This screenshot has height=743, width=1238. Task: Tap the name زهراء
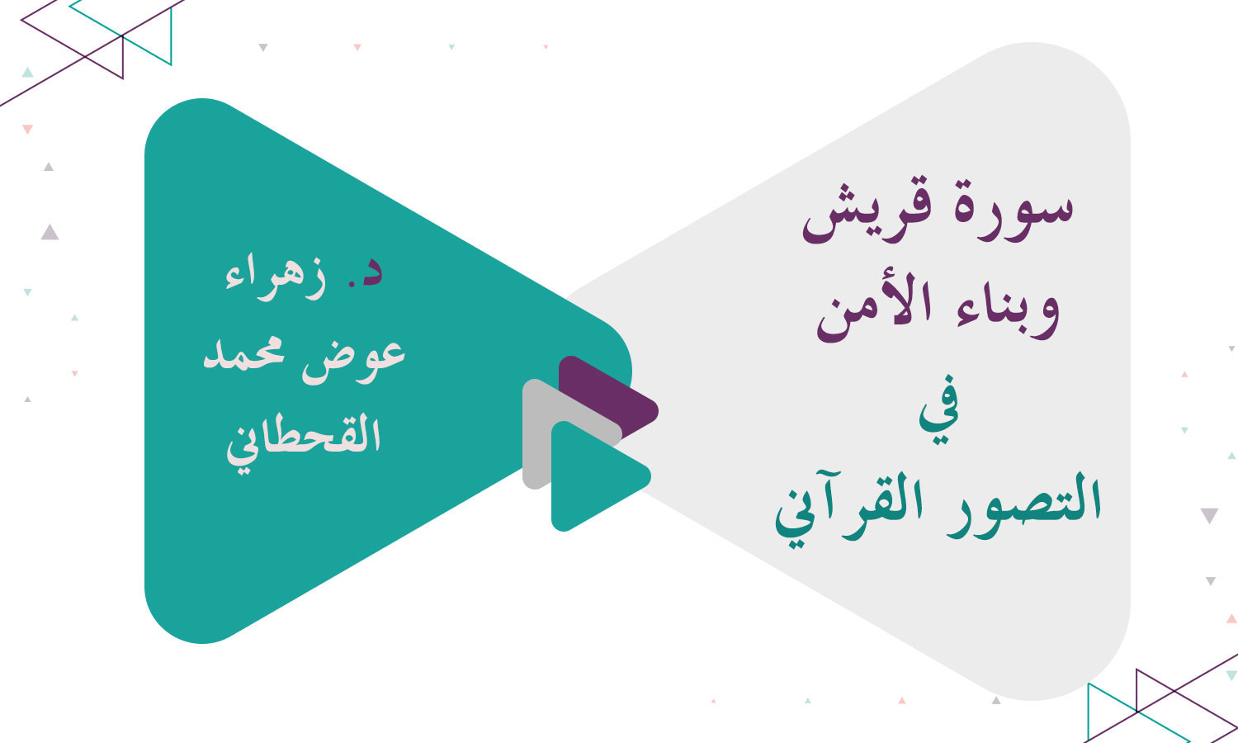coord(276,277)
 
